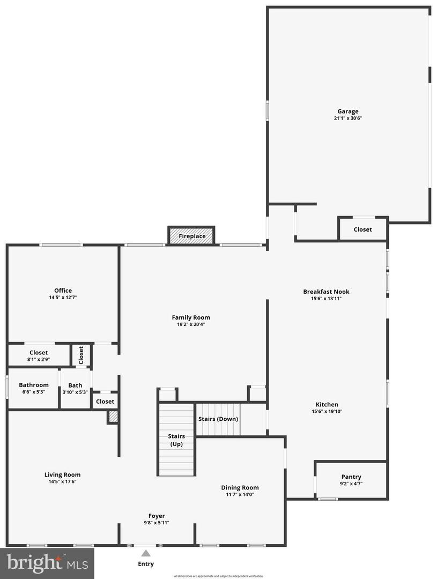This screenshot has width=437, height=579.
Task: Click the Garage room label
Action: (x=348, y=112)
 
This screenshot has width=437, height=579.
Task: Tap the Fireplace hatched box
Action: (x=192, y=236)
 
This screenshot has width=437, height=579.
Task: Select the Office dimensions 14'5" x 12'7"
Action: (x=63, y=297)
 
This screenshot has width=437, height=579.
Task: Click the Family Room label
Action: (x=191, y=317)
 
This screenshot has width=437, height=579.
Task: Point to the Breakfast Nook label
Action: (x=326, y=292)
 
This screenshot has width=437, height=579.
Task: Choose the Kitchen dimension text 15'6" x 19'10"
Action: (x=326, y=412)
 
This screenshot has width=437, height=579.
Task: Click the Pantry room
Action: (x=351, y=479)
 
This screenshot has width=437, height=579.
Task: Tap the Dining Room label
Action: (x=240, y=487)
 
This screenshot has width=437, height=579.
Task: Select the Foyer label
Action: (x=157, y=516)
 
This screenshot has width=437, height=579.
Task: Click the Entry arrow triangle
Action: (x=146, y=553)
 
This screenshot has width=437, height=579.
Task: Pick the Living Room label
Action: (x=62, y=474)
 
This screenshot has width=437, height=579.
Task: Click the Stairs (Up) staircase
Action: (x=176, y=440)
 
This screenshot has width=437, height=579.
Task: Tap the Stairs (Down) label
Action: (x=218, y=419)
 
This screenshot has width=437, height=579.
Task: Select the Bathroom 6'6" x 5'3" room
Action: (x=33, y=388)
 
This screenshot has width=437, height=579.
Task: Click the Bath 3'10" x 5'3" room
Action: (x=75, y=388)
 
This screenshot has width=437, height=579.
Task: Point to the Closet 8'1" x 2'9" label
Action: (x=39, y=353)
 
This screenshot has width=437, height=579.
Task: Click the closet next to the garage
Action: (x=362, y=229)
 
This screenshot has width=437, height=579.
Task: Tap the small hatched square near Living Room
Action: (x=113, y=417)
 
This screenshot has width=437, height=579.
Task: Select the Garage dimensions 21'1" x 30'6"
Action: (x=348, y=118)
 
